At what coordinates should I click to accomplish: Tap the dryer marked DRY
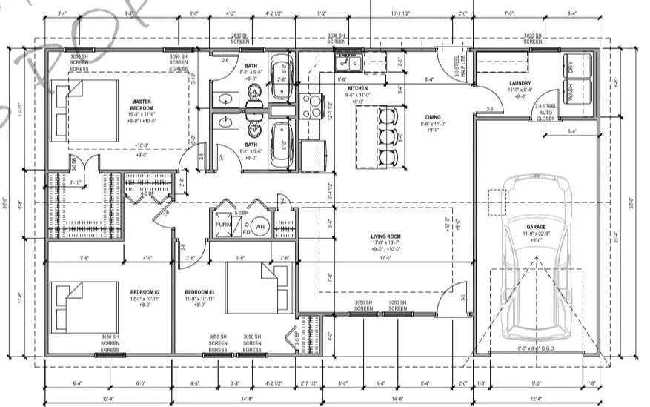[574, 66]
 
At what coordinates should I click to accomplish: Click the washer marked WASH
[574, 94]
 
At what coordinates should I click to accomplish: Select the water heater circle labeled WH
[259, 225]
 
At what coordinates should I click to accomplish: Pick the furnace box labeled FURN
[222, 225]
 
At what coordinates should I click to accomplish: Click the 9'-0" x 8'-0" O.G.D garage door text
[536, 348]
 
